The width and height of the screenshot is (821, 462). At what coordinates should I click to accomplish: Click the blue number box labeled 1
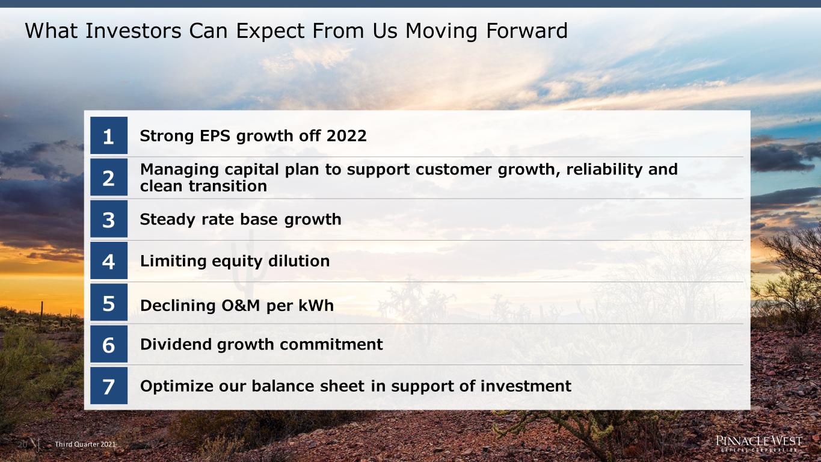[109, 135]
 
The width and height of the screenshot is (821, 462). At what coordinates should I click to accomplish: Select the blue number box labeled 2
[109, 177]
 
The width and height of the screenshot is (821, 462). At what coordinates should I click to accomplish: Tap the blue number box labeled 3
[109, 219]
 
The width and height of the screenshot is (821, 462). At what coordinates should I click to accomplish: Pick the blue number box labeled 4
[109, 260]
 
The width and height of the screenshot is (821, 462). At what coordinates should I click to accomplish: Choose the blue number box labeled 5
[109, 302]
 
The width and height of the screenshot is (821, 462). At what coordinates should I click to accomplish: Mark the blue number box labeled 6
[109, 344]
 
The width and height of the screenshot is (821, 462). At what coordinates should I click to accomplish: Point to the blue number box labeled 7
[109, 386]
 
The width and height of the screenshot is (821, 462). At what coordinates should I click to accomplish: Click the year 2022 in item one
[346, 136]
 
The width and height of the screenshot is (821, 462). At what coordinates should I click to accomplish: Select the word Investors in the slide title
[134, 31]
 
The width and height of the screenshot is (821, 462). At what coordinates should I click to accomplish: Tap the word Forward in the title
[527, 31]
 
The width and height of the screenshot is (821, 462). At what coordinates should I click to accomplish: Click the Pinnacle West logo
[759, 443]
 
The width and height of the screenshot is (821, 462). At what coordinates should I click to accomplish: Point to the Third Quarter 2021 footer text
[85, 445]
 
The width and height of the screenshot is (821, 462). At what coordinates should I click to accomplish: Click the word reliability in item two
[604, 170]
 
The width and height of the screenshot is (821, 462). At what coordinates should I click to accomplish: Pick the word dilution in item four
[299, 261]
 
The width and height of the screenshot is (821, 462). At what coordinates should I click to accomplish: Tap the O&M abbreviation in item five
[241, 306]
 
